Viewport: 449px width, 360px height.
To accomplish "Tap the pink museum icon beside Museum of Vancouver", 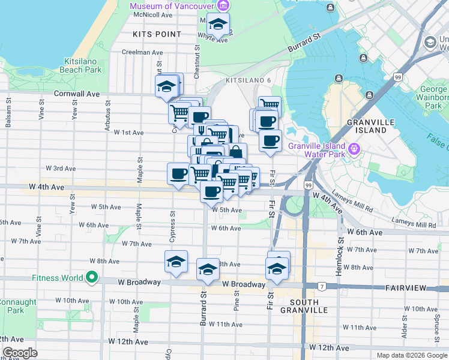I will point(223,6).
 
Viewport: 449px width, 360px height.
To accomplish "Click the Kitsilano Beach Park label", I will point(83,65).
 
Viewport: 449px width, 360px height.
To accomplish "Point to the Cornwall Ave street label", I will point(76,94).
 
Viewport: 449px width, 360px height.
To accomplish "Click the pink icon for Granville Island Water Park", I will point(354,148).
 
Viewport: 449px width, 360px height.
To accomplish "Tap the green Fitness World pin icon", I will point(91,278).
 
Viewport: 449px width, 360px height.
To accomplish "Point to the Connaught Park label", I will point(13,306).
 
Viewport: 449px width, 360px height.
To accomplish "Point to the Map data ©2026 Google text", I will point(411,355).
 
